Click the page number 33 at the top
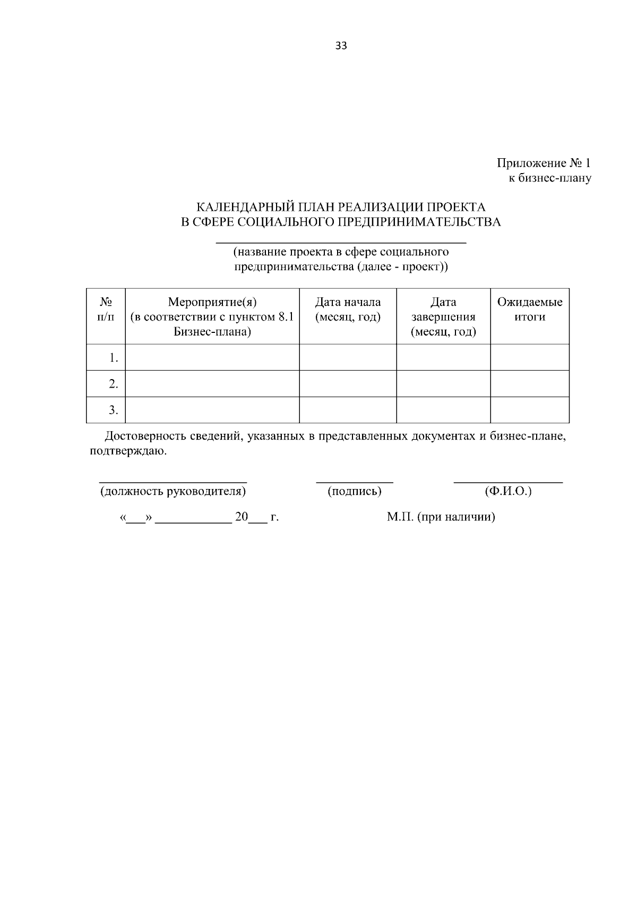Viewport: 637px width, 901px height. [341, 46]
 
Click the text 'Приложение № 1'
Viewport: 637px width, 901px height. [544, 164]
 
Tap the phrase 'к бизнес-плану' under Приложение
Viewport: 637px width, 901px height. [550, 178]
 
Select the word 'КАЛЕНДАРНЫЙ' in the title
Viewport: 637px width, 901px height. [245, 207]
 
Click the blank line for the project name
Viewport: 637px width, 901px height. [341, 242]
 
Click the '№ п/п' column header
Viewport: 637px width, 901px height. [106, 310]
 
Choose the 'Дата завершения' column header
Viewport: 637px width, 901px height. [443, 317]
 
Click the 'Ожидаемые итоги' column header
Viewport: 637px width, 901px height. [530, 310]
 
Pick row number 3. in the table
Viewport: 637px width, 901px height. [113, 410]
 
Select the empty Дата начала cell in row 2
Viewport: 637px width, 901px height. [348, 383]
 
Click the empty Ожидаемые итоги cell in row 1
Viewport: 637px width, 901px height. [530, 357]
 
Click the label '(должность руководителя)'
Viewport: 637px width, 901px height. [173, 491]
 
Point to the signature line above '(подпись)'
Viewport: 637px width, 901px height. [355, 482]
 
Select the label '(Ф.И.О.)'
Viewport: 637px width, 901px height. [508, 491]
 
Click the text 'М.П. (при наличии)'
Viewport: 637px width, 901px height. [441, 517]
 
